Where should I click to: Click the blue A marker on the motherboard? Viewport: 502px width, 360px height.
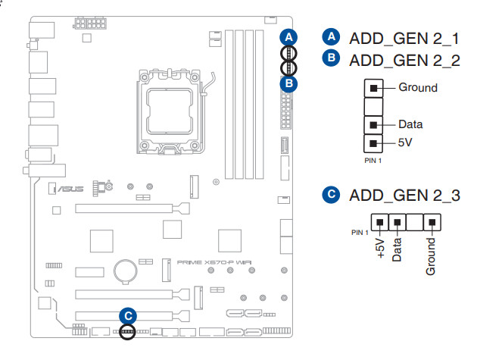[x=288, y=36]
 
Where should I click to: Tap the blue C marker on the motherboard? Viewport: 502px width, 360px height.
[x=128, y=315]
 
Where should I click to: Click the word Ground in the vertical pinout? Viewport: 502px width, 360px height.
[x=418, y=87]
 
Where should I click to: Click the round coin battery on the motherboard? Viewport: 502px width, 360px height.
[x=125, y=269]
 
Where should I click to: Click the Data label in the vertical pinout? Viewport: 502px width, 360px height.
[x=410, y=124]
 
